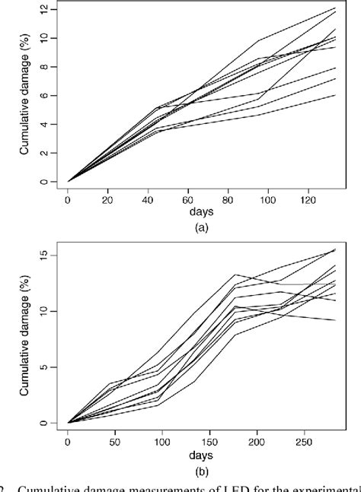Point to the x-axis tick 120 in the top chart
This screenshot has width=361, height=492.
point(308,198)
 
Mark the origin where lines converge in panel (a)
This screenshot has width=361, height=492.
point(69,182)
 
